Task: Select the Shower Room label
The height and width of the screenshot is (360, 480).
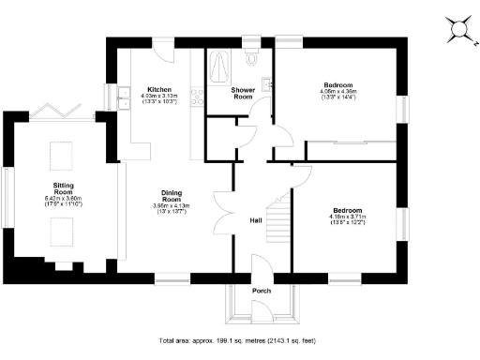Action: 243,93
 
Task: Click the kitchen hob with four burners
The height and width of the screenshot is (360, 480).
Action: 197,94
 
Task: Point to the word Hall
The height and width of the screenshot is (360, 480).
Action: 254,220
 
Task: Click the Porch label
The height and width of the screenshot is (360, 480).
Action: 261,291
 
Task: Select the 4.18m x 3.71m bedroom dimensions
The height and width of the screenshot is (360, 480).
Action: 348,217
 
